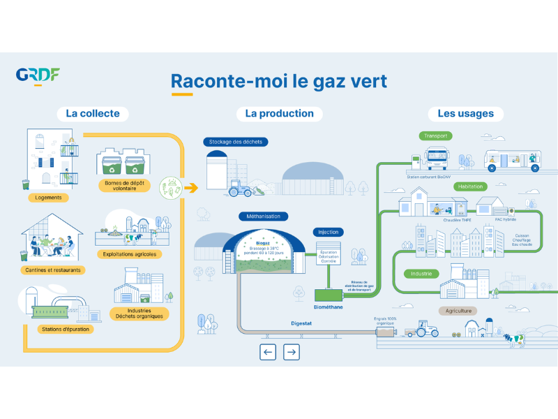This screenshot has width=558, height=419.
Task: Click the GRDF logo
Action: tap(38, 75)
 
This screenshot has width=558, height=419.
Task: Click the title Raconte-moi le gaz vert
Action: tap(279, 81)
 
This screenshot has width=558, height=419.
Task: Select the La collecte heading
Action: tap(93, 113)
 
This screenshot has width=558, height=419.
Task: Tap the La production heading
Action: tap(279, 113)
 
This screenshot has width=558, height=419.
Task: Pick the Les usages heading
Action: tap(465, 113)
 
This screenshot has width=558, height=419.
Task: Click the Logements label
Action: tap(49, 198)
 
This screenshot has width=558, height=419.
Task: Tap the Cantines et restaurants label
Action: tap(52, 270)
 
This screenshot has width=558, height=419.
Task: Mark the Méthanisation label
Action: tap(264, 216)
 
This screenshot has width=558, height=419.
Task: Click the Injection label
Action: tap(328, 232)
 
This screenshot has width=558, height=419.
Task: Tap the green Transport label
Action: tap(436, 135)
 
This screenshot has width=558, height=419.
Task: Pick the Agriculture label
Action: tap(458, 311)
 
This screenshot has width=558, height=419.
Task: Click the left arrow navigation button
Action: tap(269, 352)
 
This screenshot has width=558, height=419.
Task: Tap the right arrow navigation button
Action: tap(292, 352)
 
